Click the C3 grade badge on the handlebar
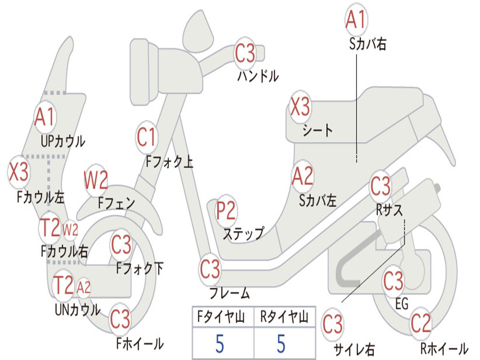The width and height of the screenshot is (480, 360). pos(245,53)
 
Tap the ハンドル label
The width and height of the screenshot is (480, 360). pos(258,76)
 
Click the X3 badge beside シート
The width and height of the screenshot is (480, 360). pos(300,107)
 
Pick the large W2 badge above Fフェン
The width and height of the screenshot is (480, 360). pos(96,180)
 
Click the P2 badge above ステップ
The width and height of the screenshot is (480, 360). pos(226,211)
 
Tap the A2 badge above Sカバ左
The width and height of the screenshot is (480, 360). pos(302,176)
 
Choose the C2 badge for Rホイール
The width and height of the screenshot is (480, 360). pos(420,323)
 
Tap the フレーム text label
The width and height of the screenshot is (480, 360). pos(229,294)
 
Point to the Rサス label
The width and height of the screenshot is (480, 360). pos(389,210)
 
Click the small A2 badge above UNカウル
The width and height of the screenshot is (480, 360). pos(83,287)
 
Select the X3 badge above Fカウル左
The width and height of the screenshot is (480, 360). pos(19,172)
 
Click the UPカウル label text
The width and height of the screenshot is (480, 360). pos(63,141)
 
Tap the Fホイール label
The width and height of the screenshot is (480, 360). pos(140,344)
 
